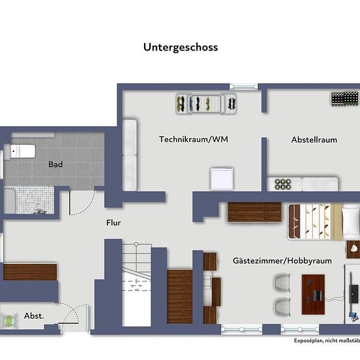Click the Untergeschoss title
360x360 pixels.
[x=181, y=48]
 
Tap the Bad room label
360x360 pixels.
[x=56, y=164]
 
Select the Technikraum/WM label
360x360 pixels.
[x=194, y=139]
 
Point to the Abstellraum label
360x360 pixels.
[x=314, y=140]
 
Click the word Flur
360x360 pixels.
[x=113, y=223]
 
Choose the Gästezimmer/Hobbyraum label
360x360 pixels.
[x=282, y=261]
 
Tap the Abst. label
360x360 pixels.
[x=34, y=316]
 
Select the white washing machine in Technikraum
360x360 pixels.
[x=222, y=179]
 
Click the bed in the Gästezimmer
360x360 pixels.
[x=324, y=221]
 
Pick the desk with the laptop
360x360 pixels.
[x=313, y=295]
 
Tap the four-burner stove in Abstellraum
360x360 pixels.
[x=283, y=184]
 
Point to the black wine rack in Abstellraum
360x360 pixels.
[x=344, y=99]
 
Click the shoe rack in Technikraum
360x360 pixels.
[x=206, y=104]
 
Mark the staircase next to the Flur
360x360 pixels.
[x=137, y=285]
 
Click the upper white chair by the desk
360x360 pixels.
[x=281, y=283]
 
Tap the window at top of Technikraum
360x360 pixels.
[x=244, y=86]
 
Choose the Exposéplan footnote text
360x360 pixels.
[x=327, y=340]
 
